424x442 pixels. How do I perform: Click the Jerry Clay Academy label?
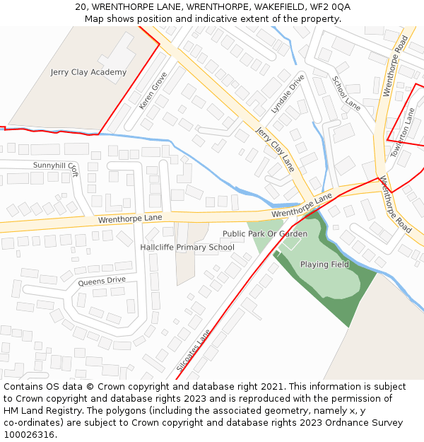(88, 72)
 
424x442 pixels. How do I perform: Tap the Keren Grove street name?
(153, 91)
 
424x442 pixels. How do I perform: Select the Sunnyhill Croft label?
(56, 166)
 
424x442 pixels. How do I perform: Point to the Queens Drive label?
(102, 281)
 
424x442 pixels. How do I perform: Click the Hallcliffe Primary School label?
(187, 248)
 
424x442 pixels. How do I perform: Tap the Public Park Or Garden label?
(265, 233)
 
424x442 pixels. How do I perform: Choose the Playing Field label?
(324, 264)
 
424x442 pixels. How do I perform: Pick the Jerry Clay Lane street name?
(275, 149)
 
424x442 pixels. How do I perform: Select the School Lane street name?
(346, 93)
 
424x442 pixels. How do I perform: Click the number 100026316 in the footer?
(30, 435)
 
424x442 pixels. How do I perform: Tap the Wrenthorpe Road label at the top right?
(395, 67)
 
